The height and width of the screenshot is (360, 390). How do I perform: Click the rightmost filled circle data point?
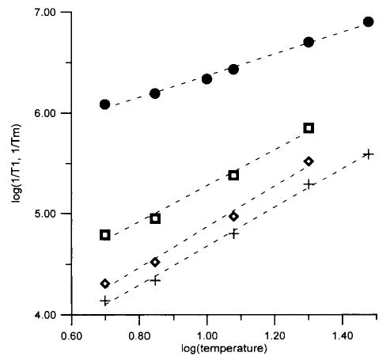368,21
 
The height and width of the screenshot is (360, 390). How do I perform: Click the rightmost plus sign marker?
368,153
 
